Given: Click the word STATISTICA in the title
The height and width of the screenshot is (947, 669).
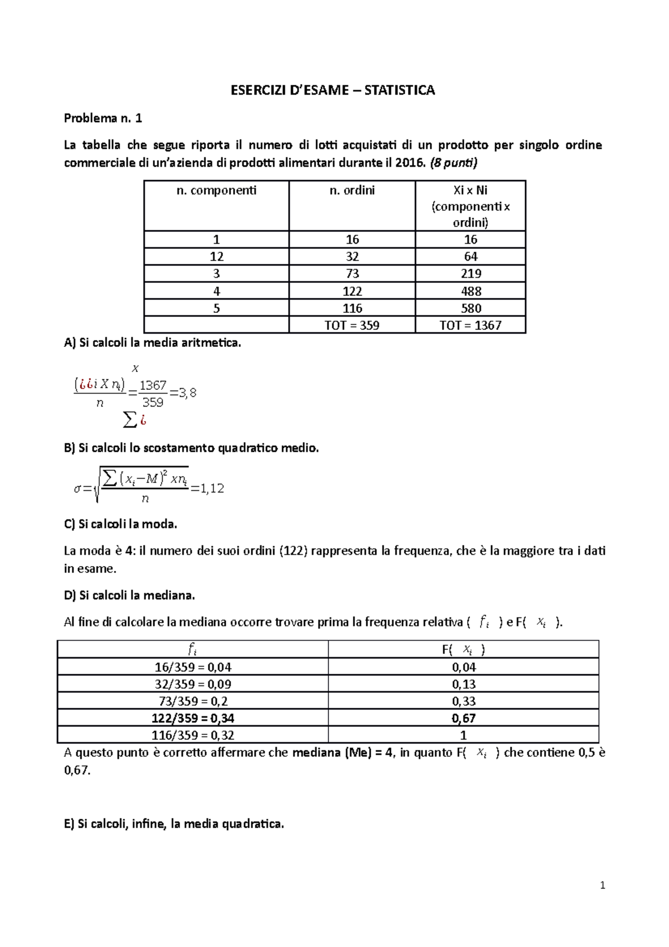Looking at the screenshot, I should [399, 90].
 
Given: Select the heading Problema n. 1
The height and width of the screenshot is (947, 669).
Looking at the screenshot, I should [103, 118].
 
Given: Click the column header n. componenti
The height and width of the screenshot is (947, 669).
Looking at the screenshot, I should [216, 191].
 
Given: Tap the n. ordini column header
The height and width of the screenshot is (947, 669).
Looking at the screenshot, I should [352, 191].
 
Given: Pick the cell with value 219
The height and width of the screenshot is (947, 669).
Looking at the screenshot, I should [471, 274].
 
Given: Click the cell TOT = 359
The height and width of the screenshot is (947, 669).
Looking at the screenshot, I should [352, 325].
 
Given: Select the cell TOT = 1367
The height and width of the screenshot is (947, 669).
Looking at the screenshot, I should [471, 325].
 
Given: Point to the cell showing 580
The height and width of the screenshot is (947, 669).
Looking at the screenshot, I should [471, 308].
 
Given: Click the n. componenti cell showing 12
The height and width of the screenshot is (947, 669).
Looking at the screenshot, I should [216, 257].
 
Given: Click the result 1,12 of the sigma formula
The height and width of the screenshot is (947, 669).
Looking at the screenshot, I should [212, 489].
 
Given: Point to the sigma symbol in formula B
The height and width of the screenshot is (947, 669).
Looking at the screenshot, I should [77, 489].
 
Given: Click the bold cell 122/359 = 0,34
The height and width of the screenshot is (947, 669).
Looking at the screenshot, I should [192, 718].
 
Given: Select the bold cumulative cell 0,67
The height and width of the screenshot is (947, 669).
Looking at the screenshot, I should [463, 718].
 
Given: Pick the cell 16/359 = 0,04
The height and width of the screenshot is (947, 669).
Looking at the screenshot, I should [192, 668].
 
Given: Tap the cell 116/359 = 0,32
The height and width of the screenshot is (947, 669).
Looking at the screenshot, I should [192, 736].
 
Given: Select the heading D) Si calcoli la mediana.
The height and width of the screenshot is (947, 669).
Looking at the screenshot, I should [129, 596].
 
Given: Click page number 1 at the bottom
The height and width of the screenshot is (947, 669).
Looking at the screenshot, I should [602, 886].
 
